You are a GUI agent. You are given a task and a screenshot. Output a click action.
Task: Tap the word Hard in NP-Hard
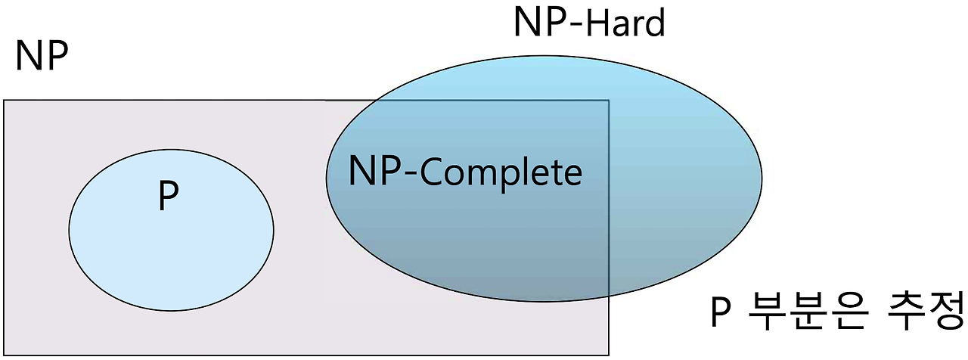(x=624, y=24)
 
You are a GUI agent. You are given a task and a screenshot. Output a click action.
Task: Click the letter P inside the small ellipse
(x=169, y=197)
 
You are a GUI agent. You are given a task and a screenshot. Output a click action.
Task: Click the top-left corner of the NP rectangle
(x=4, y=101)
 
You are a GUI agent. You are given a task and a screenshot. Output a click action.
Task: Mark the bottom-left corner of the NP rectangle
(x=4, y=355)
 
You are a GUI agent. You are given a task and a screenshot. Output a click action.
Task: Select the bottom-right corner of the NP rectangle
(x=609, y=355)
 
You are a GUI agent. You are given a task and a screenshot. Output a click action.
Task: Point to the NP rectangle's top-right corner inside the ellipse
(x=609, y=101)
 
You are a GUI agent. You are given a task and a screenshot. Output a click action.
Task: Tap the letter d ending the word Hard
(x=656, y=23)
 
